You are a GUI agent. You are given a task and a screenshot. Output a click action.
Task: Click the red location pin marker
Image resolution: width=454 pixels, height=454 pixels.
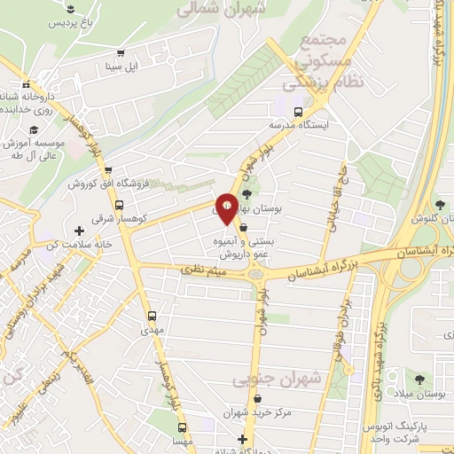(x=226, y=208)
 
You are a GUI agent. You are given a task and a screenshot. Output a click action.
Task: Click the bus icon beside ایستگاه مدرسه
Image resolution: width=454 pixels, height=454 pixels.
(x=298, y=113)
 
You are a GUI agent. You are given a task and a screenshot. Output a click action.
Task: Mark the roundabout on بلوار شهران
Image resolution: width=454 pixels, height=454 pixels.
(x=259, y=274)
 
